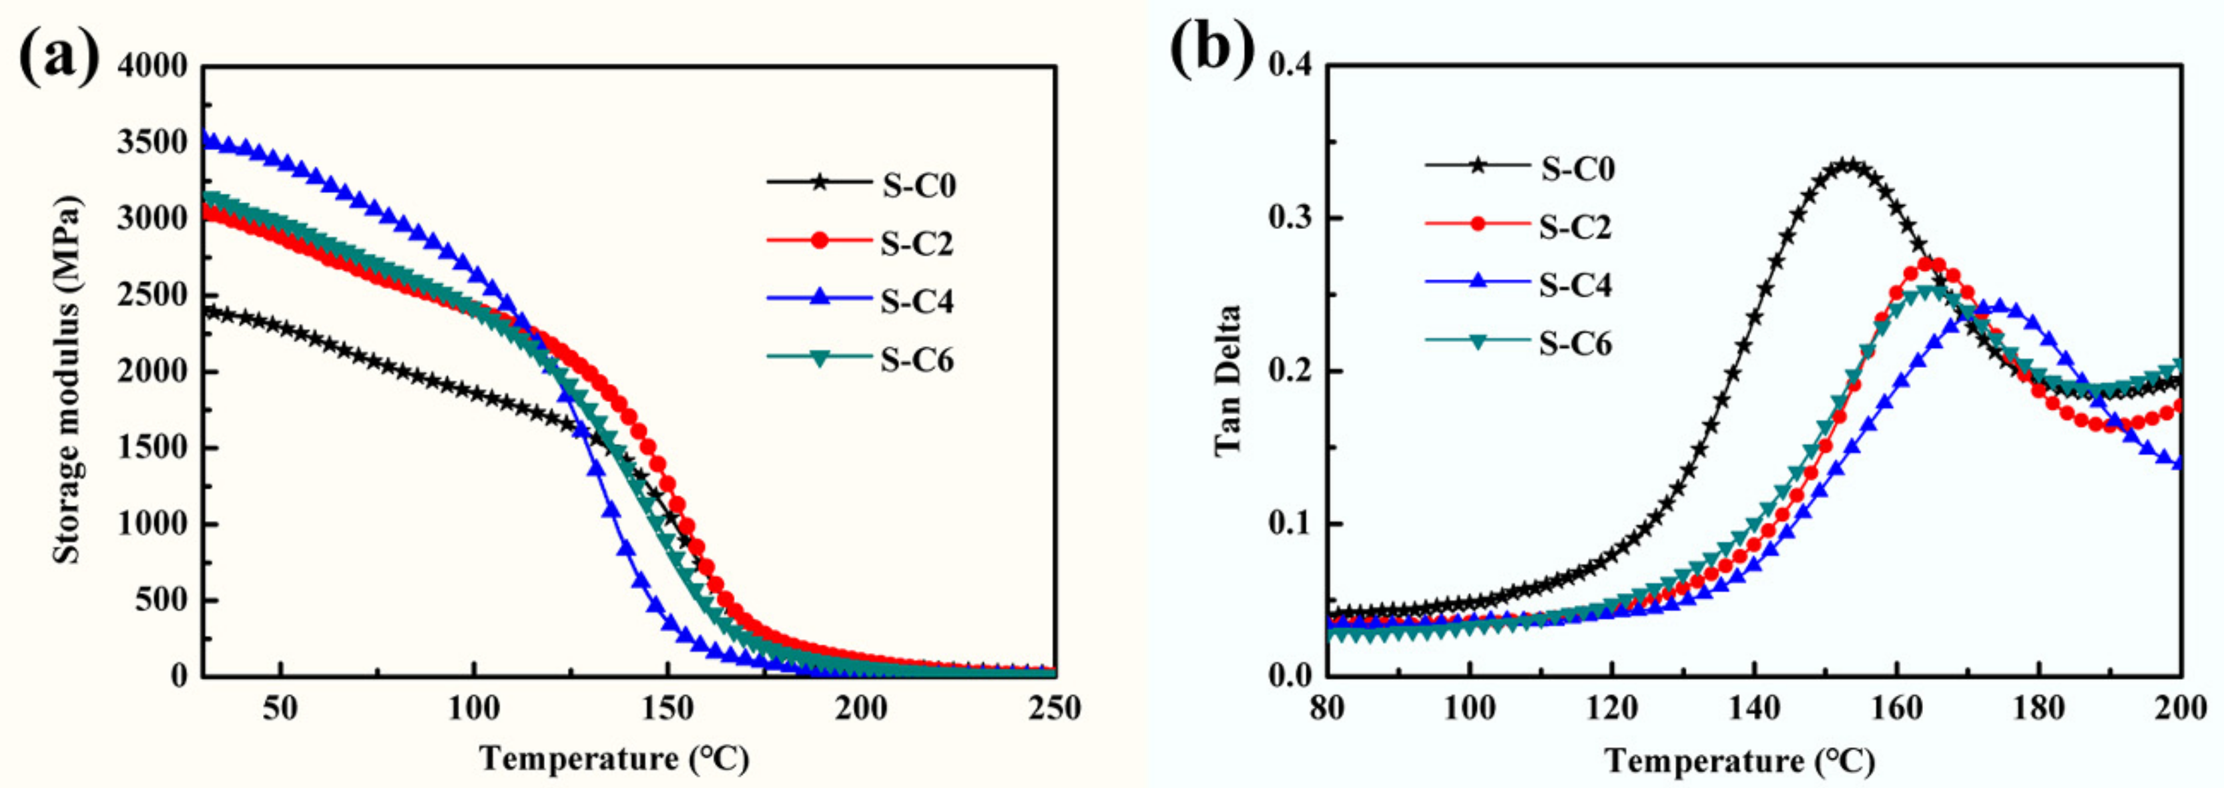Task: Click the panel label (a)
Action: click(x=59, y=53)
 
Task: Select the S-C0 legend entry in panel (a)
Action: click(x=918, y=186)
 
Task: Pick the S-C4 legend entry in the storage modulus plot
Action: click(x=917, y=302)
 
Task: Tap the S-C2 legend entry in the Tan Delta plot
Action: click(x=1575, y=226)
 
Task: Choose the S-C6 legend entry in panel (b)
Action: click(x=1575, y=344)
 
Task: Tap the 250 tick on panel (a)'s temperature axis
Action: click(x=1054, y=709)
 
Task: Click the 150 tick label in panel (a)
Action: click(x=667, y=709)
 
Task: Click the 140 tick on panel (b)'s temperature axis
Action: click(x=1754, y=709)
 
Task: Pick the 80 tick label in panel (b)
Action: click(x=1328, y=709)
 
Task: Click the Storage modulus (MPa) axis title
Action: click(x=67, y=380)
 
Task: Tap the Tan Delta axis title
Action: click(x=1227, y=380)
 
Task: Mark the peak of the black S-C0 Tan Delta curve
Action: click(x=1848, y=164)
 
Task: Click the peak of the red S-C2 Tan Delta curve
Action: click(x=1925, y=262)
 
